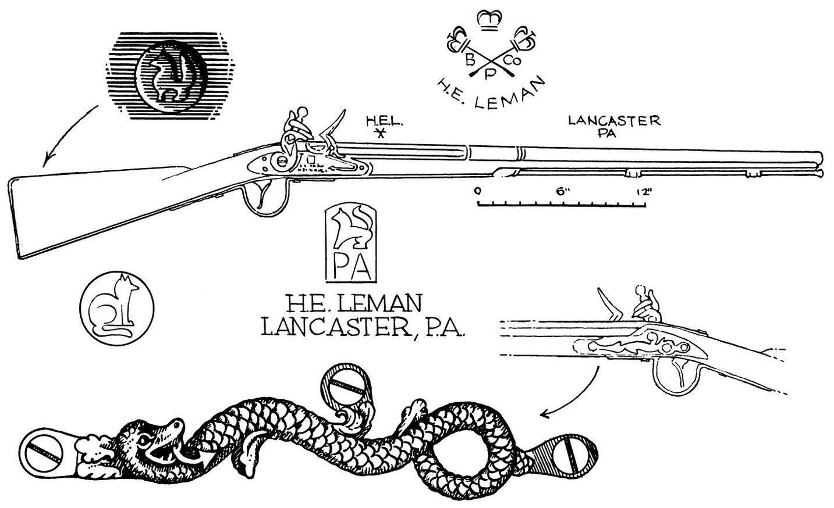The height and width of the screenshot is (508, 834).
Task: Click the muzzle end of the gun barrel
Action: tap(819, 165)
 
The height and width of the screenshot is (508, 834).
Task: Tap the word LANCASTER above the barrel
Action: tap(615, 121)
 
